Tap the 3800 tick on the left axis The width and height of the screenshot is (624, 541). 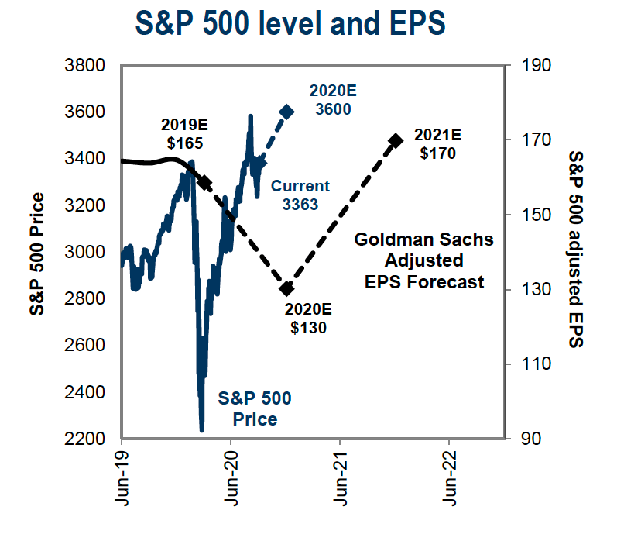[87, 65]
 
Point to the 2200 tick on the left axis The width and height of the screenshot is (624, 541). [87, 439]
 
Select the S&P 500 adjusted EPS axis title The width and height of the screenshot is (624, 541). [575, 250]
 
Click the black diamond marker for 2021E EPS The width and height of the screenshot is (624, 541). [396, 140]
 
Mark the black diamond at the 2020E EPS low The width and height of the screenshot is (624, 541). [286, 288]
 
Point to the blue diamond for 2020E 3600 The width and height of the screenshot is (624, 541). [286, 112]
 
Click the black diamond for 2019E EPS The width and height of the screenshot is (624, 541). [204, 181]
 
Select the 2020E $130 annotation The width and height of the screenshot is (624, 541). [309, 318]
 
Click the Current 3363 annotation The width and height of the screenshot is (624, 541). [300, 195]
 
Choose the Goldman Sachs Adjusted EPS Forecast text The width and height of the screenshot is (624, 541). [423, 260]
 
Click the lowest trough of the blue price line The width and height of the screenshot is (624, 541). [202, 429]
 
